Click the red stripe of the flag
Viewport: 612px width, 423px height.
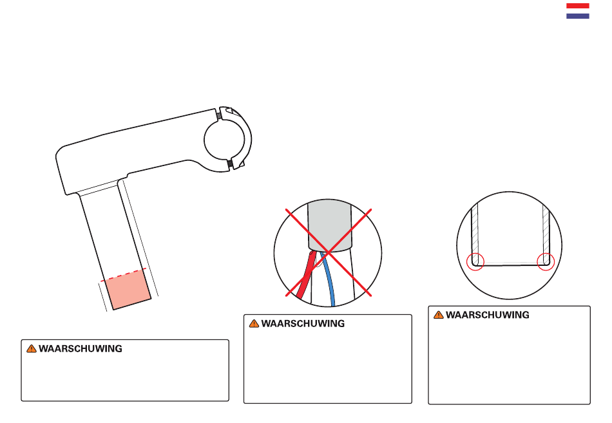tap(577, 6)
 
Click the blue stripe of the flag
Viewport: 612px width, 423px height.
tap(577, 15)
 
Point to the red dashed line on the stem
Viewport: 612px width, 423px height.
tap(126, 274)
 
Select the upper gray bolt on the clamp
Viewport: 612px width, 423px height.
tap(219, 117)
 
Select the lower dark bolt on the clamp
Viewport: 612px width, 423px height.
tap(230, 165)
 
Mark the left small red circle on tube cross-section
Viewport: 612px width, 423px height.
tap(475, 261)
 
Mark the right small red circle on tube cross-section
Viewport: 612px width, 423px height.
tap(545, 261)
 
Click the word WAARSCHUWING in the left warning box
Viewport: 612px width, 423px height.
tap(81, 349)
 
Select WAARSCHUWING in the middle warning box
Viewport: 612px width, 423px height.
tap(303, 324)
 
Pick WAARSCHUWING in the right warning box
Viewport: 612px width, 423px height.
tap(488, 315)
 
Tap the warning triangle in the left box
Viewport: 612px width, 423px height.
tap(31, 349)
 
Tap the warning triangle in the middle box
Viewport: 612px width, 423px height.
tap(253, 324)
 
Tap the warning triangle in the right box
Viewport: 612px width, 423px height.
tap(438, 315)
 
